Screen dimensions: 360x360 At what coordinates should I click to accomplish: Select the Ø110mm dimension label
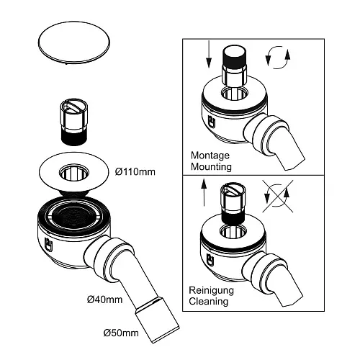click(x=136, y=172)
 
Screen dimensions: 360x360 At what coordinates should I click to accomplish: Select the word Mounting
click(x=211, y=166)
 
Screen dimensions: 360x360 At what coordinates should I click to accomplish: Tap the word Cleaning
click(x=210, y=302)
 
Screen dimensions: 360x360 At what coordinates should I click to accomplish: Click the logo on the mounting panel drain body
click(x=214, y=122)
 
